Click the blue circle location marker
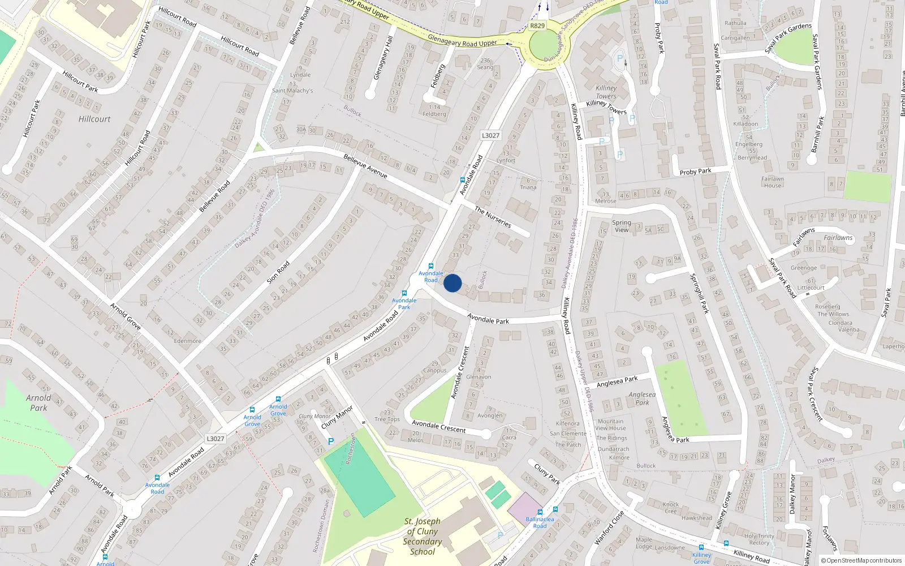[453, 283]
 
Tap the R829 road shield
[537, 25]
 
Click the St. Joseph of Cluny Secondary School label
[422, 536]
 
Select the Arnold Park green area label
[38, 402]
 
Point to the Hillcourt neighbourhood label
[94, 119]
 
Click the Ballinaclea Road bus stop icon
[555, 509]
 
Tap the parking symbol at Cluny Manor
[331, 441]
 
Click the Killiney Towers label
[606, 92]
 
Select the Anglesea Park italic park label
[642, 398]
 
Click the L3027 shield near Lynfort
[490, 135]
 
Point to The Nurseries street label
[493, 217]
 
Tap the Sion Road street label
[278, 272]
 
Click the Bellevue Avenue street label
[365, 166]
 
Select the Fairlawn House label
[772, 182]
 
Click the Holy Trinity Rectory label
[759, 539]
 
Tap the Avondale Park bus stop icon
[404, 293]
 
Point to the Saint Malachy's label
[292, 91]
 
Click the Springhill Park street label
[699, 293]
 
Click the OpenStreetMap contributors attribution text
[861, 560]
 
